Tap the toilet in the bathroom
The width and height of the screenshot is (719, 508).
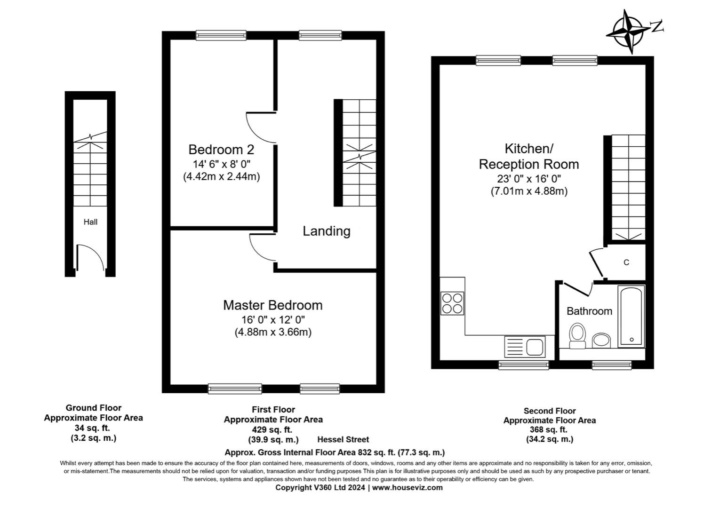pyautogui.click(x=577, y=336)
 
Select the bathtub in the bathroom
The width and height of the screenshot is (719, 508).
pyautogui.click(x=631, y=317)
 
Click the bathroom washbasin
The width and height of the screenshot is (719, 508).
pyautogui.click(x=601, y=340)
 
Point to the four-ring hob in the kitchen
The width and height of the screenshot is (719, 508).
pyautogui.click(x=452, y=303)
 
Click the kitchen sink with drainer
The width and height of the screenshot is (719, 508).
pyautogui.click(x=525, y=347)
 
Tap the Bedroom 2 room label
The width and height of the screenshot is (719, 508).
pyautogui.click(x=221, y=150)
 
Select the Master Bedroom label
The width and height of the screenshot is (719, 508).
pyautogui.click(x=273, y=305)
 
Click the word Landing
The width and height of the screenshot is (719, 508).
pyautogui.click(x=327, y=231)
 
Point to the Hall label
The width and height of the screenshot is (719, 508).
pyautogui.click(x=90, y=222)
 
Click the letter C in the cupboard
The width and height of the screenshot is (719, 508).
pyautogui.click(x=626, y=262)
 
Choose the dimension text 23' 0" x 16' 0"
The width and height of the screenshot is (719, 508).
pyautogui.click(x=529, y=178)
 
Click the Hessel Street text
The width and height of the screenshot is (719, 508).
pyautogui.click(x=343, y=439)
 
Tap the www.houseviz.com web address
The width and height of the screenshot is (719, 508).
pyautogui.click(x=407, y=488)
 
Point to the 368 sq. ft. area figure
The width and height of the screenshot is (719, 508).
pyautogui.click(x=549, y=429)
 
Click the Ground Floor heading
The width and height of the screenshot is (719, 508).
pyautogui.click(x=94, y=408)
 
